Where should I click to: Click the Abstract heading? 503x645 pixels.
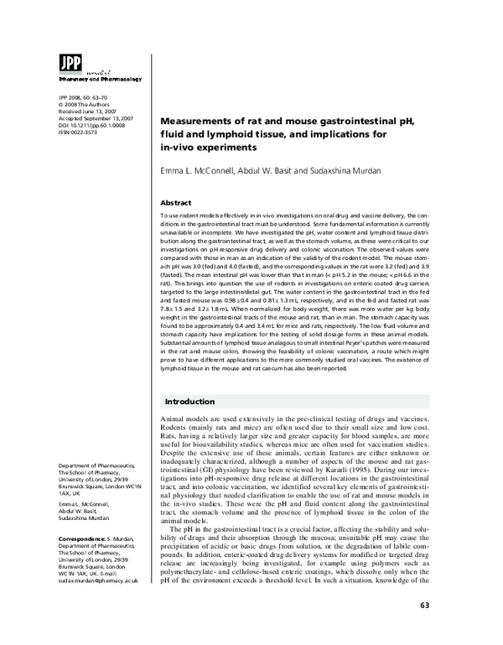coord(179,203)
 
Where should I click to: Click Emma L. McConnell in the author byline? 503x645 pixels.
coord(197,171)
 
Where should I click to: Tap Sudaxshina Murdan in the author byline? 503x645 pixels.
coord(345,171)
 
